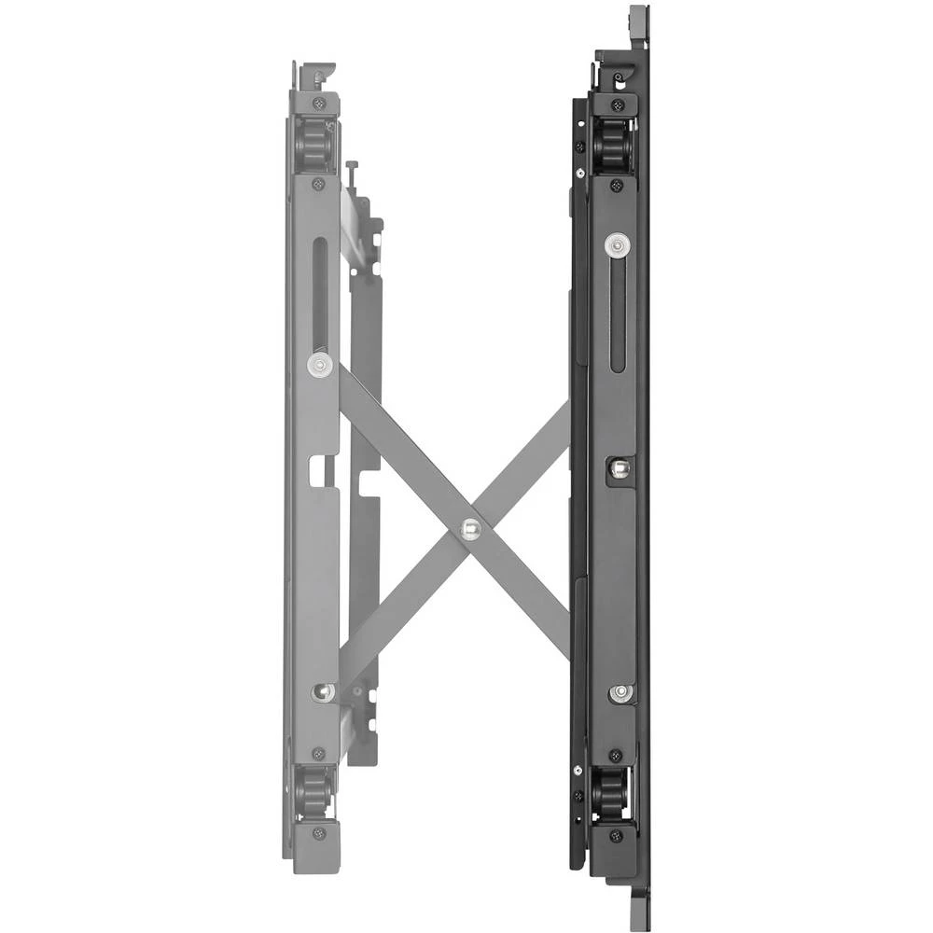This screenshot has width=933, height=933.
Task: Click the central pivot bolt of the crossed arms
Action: click(x=470, y=529)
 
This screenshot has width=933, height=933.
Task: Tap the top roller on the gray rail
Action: click(x=314, y=144)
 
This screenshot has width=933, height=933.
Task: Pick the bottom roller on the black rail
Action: click(x=612, y=793)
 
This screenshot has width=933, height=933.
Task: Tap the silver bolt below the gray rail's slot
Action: click(x=319, y=363)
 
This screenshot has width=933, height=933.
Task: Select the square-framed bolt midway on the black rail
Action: click(x=619, y=469)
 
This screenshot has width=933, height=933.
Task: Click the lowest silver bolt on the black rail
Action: click(x=620, y=693)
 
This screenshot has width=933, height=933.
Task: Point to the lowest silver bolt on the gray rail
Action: click(x=323, y=691)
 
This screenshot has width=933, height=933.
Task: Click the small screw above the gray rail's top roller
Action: click(x=319, y=103)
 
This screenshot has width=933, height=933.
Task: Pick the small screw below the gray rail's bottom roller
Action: click(x=319, y=831)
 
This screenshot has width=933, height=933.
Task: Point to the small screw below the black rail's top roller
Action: click(x=617, y=186)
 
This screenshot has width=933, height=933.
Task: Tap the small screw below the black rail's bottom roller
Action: click(x=616, y=833)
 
